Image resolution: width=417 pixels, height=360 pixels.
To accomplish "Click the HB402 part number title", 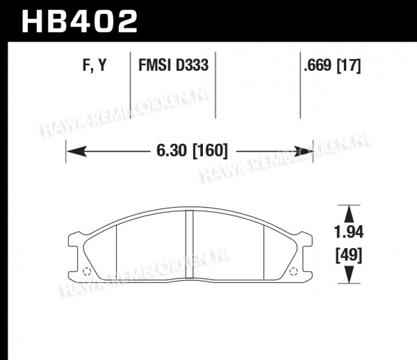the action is (x=79, y=21).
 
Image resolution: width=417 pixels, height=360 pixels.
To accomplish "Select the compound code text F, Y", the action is (x=95, y=65).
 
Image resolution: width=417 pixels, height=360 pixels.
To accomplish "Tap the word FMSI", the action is (x=154, y=65).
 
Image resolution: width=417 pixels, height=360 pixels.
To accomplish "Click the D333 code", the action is (x=192, y=65).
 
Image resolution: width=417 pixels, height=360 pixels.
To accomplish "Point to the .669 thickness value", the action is (x=318, y=65).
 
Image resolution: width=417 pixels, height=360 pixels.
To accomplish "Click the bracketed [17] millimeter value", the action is (x=349, y=65).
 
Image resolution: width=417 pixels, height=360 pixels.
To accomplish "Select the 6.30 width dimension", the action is (x=172, y=151).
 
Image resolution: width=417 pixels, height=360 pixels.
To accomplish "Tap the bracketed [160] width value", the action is (x=210, y=151).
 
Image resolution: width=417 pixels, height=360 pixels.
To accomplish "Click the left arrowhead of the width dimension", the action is (x=76, y=152).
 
